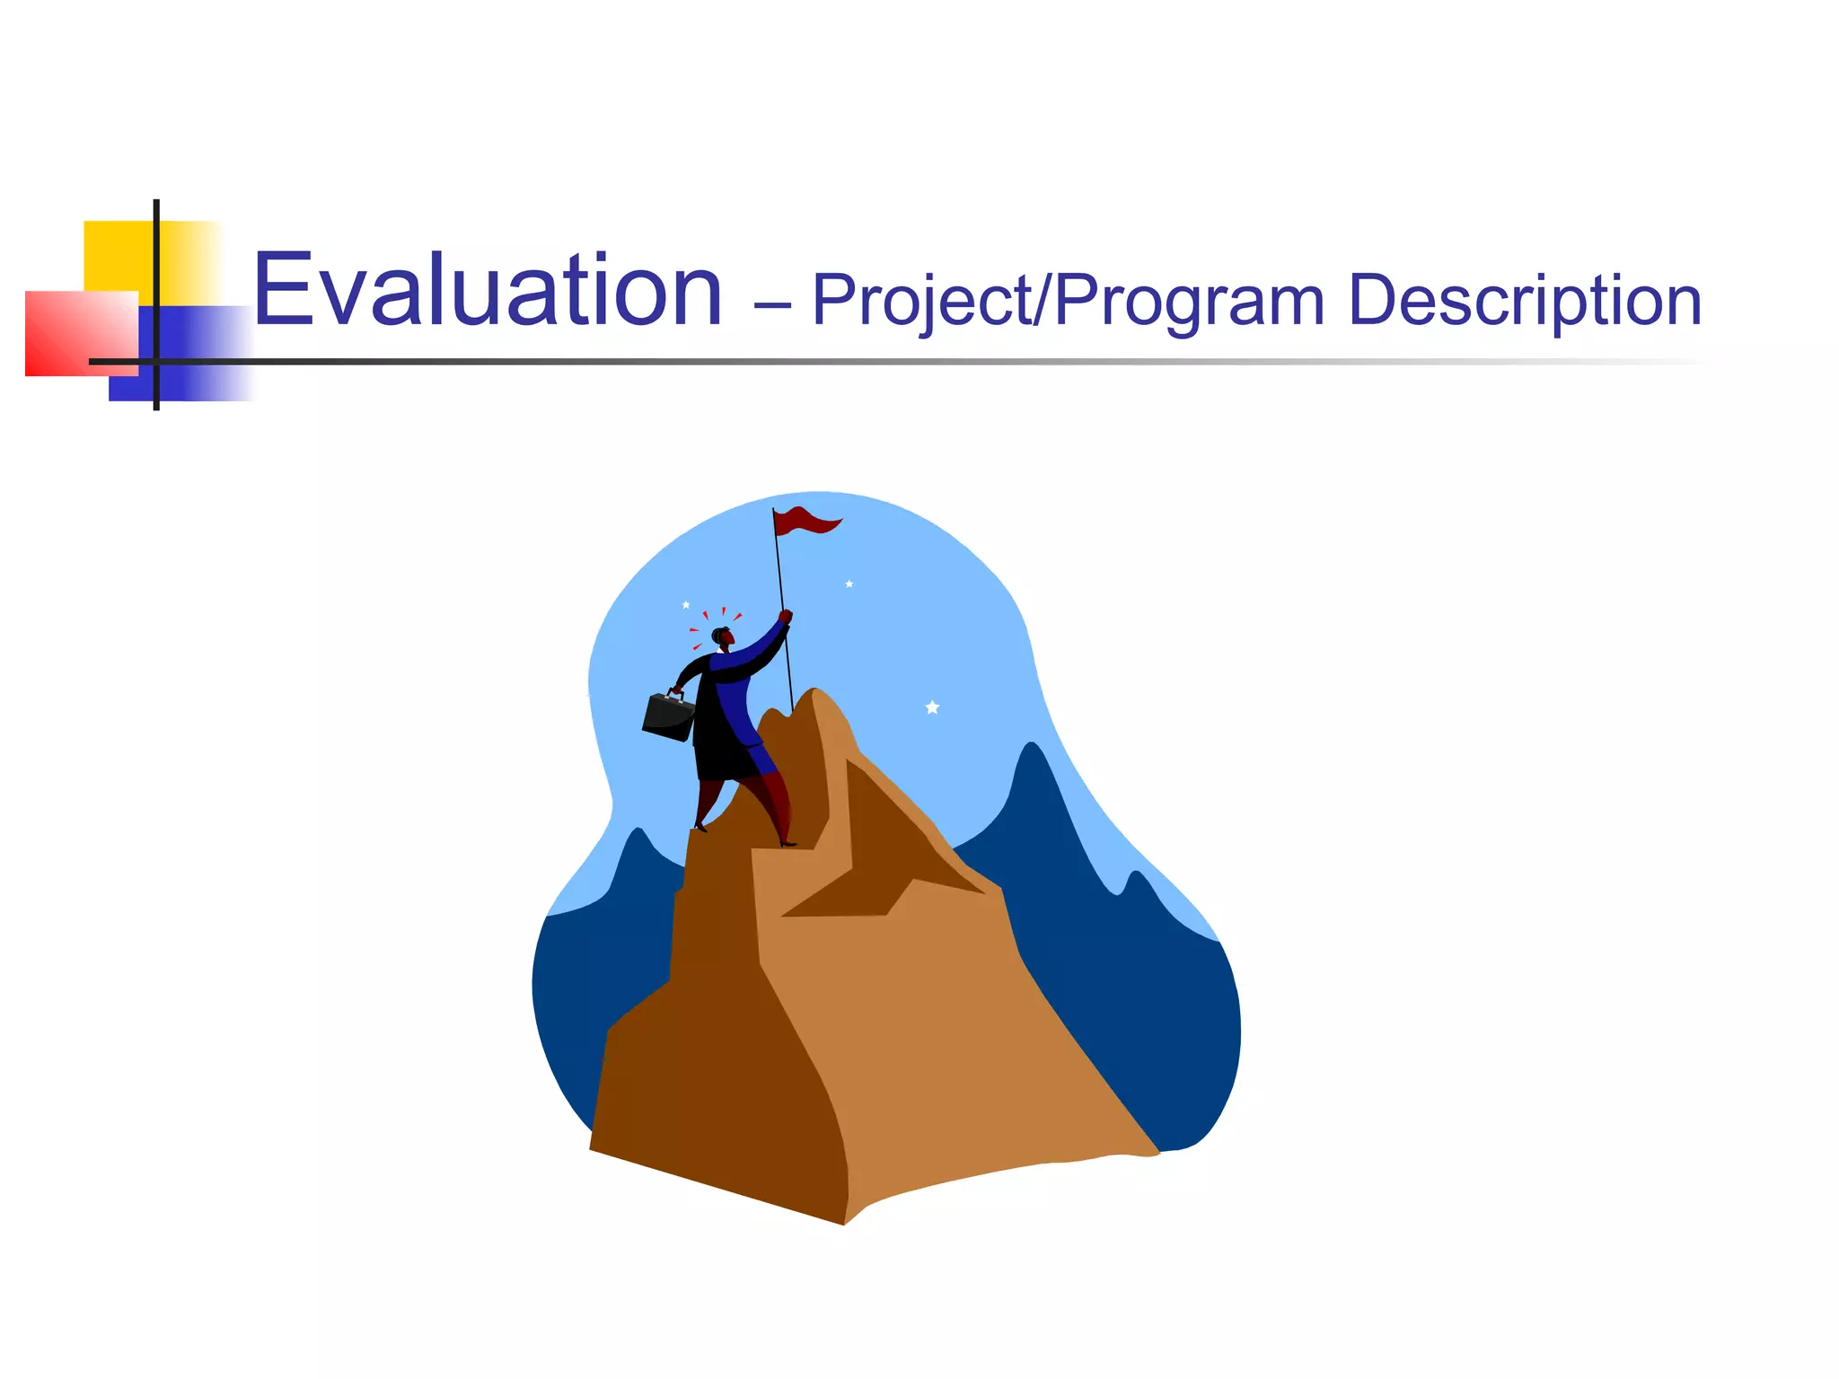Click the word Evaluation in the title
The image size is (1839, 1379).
point(488,291)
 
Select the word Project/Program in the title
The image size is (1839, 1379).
point(1068,301)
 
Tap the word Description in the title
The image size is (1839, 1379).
point(1524,301)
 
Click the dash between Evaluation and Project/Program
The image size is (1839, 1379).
point(771,305)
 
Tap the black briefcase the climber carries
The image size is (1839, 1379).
point(668,716)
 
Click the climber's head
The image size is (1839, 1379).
point(722,637)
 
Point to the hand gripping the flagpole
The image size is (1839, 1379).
point(786,617)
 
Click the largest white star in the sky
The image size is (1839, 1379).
point(932,707)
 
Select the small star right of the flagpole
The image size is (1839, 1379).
point(849,584)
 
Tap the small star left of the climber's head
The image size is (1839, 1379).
point(686,604)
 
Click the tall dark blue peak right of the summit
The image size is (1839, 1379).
point(1033,790)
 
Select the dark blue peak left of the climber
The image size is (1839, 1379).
point(638,862)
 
